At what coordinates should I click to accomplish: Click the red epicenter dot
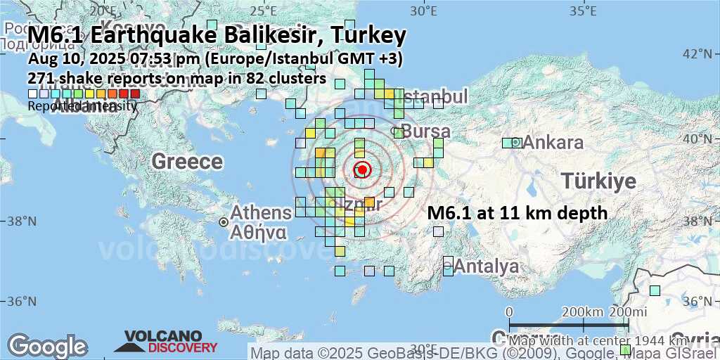pyautogui.click(x=362, y=169)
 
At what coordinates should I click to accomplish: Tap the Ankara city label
pyautogui.click(x=553, y=143)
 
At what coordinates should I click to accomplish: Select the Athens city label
pyautogui.click(x=261, y=212)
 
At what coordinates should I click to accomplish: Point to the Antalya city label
pyautogui.click(x=487, y=266)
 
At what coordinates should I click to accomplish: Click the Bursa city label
pyautogui.click(x=425, y=131)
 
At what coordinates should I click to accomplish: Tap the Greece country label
pyautogui.click(x=187, y=162)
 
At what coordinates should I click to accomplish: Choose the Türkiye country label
pyautogui.click(x=599, y=182)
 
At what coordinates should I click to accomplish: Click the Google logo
pyautogui.click(x=47, y=346)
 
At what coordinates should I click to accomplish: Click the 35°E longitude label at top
pyautogui.click(x=583, y=11)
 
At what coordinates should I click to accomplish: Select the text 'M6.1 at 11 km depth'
pyautogui.click(x=517, y=212)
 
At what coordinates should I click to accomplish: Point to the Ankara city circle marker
pyautogui.click(x=515, y=142)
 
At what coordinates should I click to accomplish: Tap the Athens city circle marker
pyautogui.click(x=223, y=221)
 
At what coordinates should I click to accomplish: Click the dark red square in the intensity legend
pyautogui.click(x=134, y=94)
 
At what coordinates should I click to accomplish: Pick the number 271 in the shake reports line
pyautogui.click(x=40, y=78)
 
